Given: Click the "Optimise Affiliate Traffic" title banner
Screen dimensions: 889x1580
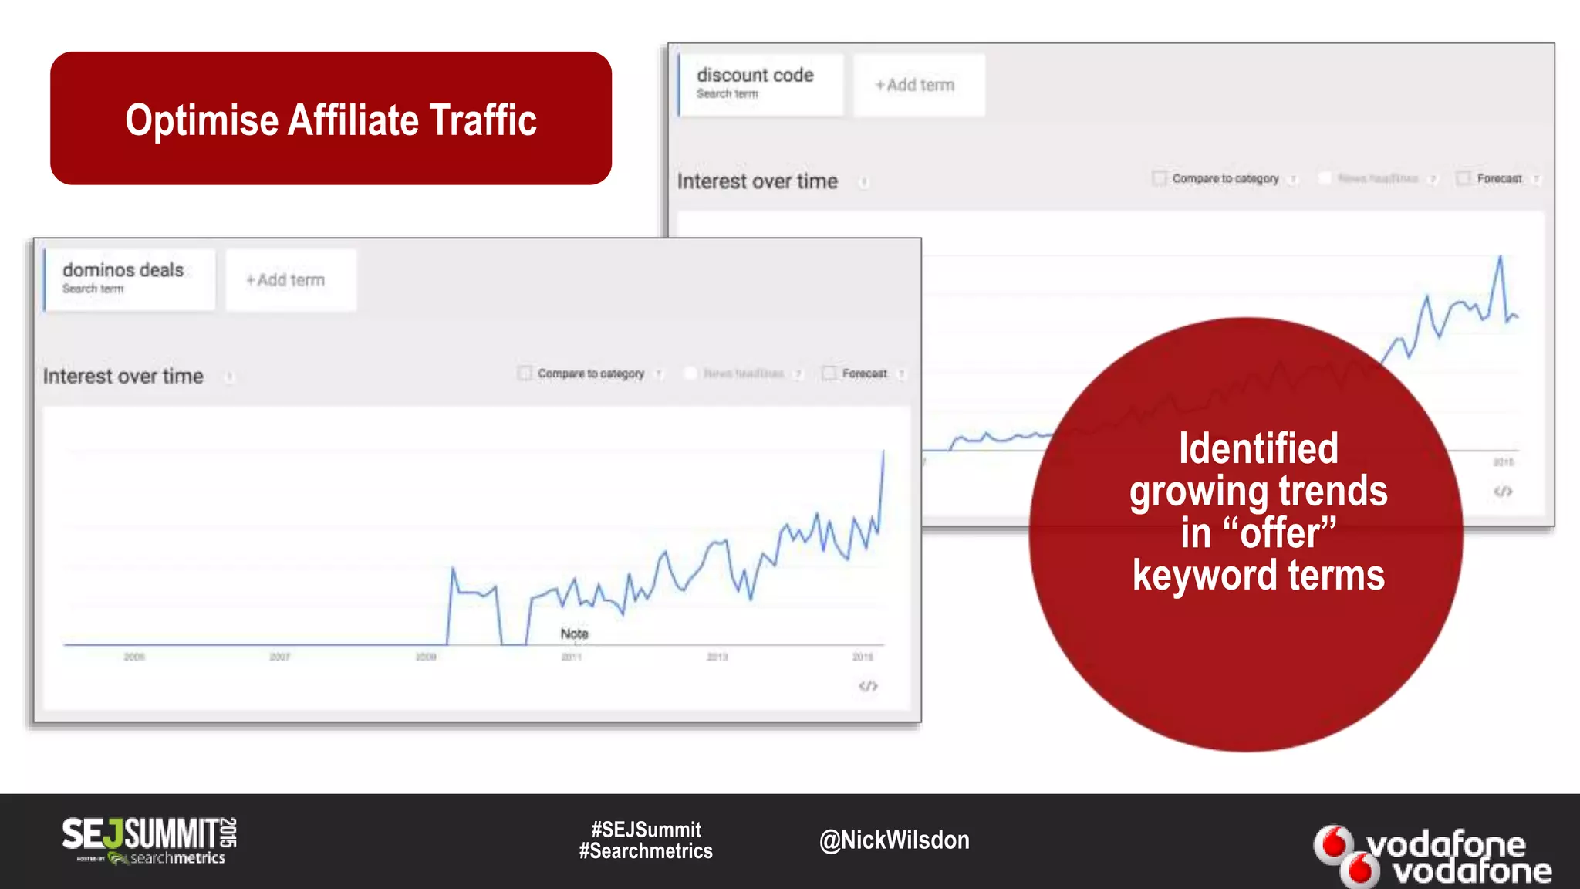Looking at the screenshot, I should pyautogui.click(x=331, y=119).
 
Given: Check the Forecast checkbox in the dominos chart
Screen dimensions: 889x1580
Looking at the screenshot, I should pyautogui.click(x=829, y=374).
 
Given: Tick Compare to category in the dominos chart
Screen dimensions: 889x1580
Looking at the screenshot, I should pyautogui.click(x=525, y=374).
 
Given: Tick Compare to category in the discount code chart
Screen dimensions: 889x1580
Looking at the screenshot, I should pyautogui.click(x=1159, y=178).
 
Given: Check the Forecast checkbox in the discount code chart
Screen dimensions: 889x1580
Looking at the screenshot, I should pyautogui.click(x=1464, y=178).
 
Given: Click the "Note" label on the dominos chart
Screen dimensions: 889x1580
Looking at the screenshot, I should pyautogui.click(x=574, y=634).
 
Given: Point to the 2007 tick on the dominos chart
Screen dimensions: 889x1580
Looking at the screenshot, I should pyautogui.click(x=279, y=657).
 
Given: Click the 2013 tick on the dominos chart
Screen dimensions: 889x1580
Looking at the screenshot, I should pyautogui.click(x=717, y=657).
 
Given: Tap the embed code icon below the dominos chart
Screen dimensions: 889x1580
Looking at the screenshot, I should pyautogui.click(x=868, y=686).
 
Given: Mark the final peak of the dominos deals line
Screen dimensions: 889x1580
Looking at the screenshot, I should pyautogui.click(x=883, y=451).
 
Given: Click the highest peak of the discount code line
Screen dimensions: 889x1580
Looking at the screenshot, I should pyautogui.click(x=1501, y=257).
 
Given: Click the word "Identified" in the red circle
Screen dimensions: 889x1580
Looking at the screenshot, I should pyautogui.click(x=1258, y=448).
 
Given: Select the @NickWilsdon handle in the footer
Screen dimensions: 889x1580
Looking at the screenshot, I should pyautogui.click(x=894, y=840).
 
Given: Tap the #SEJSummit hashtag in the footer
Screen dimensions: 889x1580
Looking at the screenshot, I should pyautogui.click(x=646, y=830).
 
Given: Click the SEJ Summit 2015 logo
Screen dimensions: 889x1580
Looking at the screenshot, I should pyautogui.click(x=149, y=840).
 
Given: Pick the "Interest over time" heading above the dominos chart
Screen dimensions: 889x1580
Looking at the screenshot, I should pyautogui.click(x=123, y=377).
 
